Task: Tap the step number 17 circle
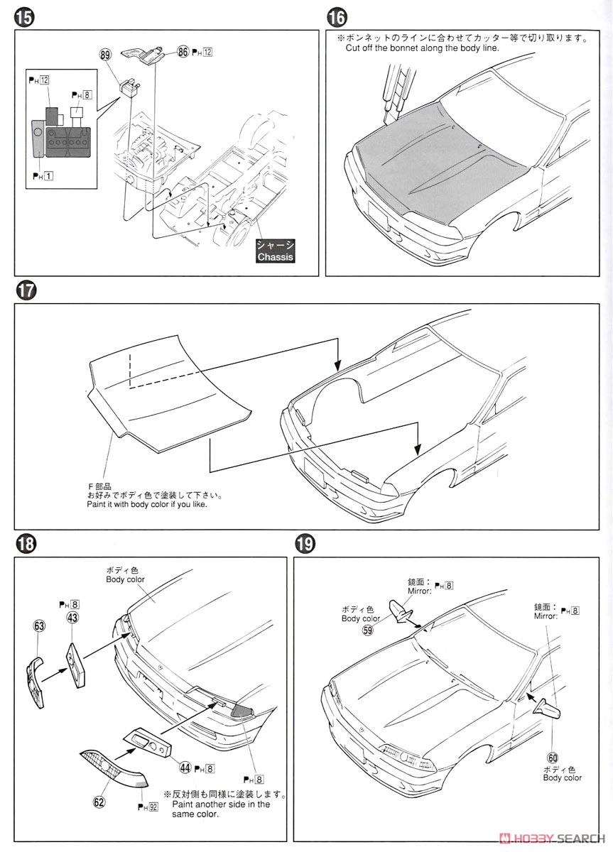point(23,291)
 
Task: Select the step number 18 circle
point(23,545)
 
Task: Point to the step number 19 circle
point(304,545)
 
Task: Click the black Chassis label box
point(275,251)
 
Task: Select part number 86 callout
point(183,52)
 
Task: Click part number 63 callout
point(38,626)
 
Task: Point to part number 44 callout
point(186,767)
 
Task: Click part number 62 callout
point(99,804)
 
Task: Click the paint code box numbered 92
point(154,807)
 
